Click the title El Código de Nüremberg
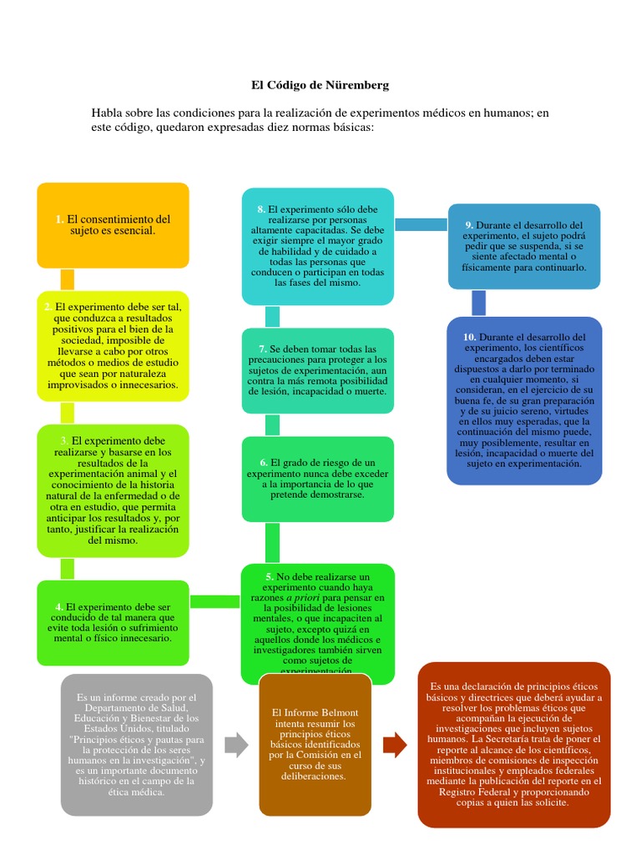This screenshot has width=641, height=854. tap(320, 85)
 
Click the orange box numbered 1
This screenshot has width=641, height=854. tap(113, 225)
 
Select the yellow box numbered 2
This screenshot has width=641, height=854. tap(113, 346)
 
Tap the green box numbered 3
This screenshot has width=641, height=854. tap(113, 490)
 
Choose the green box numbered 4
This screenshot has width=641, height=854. tap(113, 622)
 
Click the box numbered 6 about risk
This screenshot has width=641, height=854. tap(317, 478)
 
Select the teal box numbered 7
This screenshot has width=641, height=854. tap(317, 370)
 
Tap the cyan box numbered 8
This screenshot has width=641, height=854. tap(317, 246)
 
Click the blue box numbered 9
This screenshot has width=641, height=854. tap(524, 246)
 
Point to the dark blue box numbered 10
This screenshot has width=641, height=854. tap(524, 400)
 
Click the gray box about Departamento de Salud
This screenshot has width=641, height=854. tap(136, 745)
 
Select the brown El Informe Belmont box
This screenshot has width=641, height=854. tap(315, 745)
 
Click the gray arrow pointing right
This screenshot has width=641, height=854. tap(237, 745)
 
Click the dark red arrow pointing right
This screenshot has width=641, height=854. tap(395, 745)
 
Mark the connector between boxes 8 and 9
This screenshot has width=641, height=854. tap(421, 224)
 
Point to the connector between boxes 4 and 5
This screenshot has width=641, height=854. tap(215, 601)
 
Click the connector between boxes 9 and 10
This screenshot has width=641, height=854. tap(479, 303)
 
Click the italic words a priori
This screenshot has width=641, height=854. tap(302, 598)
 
